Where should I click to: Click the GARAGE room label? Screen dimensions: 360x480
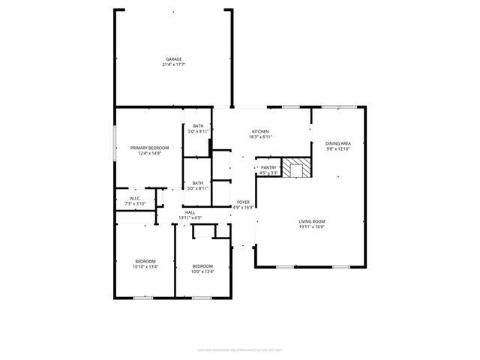[174, 59]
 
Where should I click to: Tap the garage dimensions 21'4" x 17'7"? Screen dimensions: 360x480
[174, 64]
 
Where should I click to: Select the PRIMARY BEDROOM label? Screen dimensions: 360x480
[148, 148]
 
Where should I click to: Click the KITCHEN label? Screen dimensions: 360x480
[261, 131]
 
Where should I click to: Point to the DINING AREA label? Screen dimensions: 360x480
[338, 143]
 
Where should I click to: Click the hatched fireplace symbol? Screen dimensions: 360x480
[301, 169]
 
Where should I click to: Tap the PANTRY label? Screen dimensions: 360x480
[268, 168]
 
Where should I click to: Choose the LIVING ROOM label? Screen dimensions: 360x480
[312, 221]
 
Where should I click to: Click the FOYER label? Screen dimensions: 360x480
[244, 202]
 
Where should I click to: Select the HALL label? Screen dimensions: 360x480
[190, 212]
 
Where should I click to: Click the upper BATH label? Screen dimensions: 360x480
[198, 126]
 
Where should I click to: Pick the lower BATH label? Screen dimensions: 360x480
[198, 183]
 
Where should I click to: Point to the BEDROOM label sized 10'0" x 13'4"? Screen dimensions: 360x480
[202, 266]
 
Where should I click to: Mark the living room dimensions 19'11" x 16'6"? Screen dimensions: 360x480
[312, 226]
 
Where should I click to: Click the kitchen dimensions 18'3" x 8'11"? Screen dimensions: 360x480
[261, 136]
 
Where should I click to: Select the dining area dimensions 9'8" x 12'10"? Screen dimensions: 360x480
[338, 148]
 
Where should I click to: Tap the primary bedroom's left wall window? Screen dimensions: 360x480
[114, 142]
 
